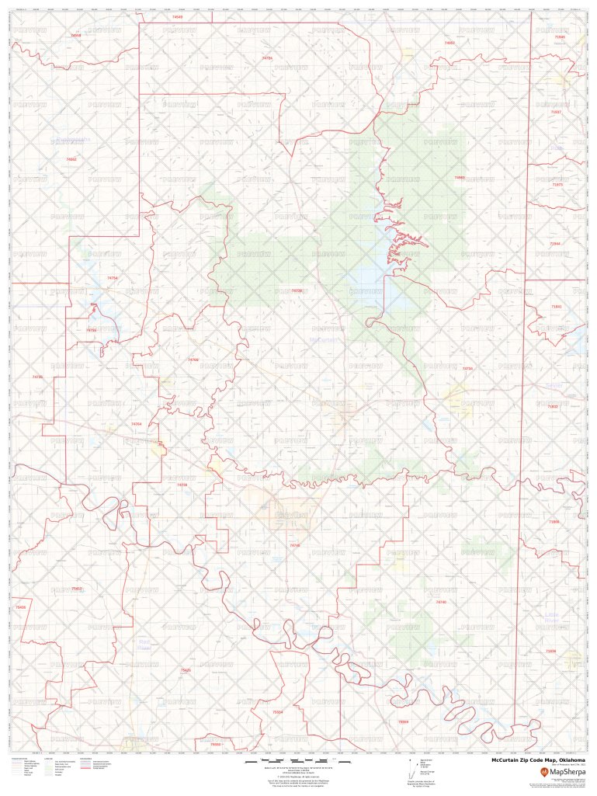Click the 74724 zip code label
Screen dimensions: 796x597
point(267,58)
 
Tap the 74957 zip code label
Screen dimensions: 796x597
point(449,43)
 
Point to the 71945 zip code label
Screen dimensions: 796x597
point(560,36)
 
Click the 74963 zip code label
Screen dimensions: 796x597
point(460,178)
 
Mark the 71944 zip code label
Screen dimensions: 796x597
point(554,244)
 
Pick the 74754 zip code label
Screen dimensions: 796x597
point(112,278)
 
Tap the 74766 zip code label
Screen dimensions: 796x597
point(193,360)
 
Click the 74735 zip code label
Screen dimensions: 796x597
point(37,377)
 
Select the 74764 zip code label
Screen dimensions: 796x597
point(137,424)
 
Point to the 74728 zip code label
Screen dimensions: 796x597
point(297,290)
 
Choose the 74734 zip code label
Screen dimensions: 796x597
point(467,368)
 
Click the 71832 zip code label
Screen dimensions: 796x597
point(553,406)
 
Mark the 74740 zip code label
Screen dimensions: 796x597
point(441,602)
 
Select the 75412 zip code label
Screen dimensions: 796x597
point(76,589)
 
